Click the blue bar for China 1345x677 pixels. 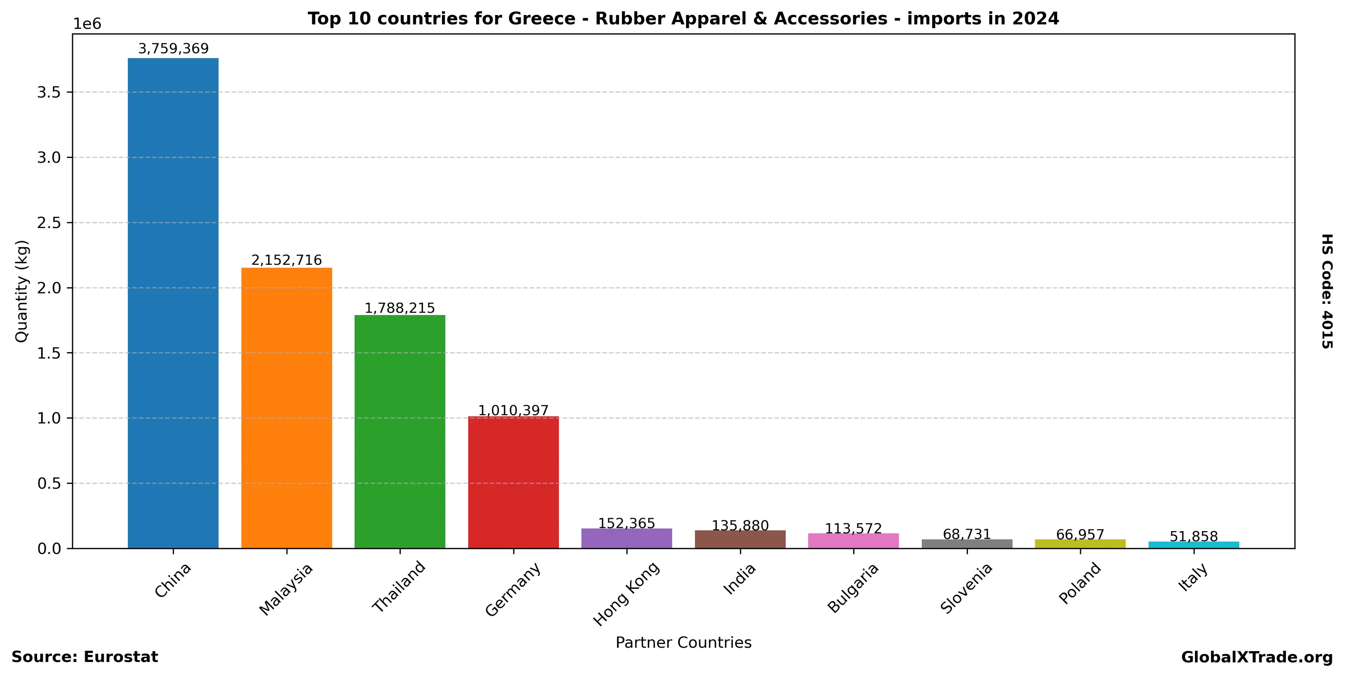click(173, 303)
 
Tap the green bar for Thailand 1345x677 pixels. click(400, 431)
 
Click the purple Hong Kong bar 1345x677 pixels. click(626, 539)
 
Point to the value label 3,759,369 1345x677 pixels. click(173, 49)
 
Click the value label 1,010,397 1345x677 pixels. click(513, 411)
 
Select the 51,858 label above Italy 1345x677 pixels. click(1193, 537)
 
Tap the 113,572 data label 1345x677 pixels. click(853, 529)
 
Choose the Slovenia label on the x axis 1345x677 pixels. click(966, 588)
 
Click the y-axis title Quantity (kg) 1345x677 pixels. click(21, 291)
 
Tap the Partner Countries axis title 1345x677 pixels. click(684, 642)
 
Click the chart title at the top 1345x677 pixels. click(683, 19)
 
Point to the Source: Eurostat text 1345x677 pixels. click(85, 657)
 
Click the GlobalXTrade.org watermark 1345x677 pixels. click(1257, 657)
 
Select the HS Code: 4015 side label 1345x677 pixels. click(1327, 291)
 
